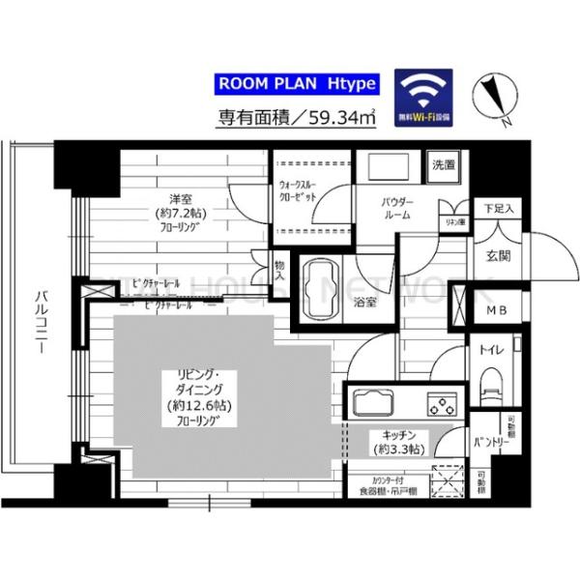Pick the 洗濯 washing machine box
[x=445, y=164]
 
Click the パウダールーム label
[x=397, y=209]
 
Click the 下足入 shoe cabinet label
[x=500, y=208]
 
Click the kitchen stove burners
[x=443, y=403]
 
